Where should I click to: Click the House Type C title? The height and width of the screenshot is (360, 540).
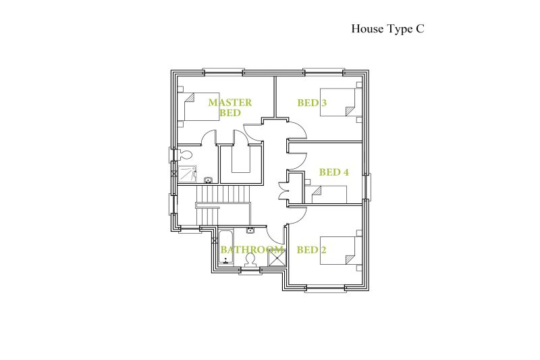click(387, 29)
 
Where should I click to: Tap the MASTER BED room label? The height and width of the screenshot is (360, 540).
click(230, 107)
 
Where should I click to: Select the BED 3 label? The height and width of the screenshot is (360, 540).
click(312, 103)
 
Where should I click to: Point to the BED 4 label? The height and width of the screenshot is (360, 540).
click(333, 172)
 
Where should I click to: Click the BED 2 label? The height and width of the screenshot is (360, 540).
click(311, 249)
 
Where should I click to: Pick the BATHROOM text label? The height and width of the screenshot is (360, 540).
click(252, 249)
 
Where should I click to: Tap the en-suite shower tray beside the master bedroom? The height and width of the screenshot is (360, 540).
click(187, 174)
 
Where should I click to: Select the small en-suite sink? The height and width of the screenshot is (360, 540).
click(208, 180)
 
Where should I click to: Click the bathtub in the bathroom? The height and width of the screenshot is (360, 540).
click(226, 248)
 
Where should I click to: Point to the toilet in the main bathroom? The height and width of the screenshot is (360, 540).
click(250, 260)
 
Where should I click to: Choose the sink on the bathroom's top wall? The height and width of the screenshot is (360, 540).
click(250, 230)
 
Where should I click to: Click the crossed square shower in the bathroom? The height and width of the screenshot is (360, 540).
click(277, 257)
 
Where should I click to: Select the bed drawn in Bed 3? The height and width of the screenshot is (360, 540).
click(337, 102)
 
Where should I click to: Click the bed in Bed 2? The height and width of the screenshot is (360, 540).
click(337, 251)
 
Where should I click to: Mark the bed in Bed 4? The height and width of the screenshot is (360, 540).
click(329, 195)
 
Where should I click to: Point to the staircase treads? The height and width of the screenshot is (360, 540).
click(221, 205)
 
